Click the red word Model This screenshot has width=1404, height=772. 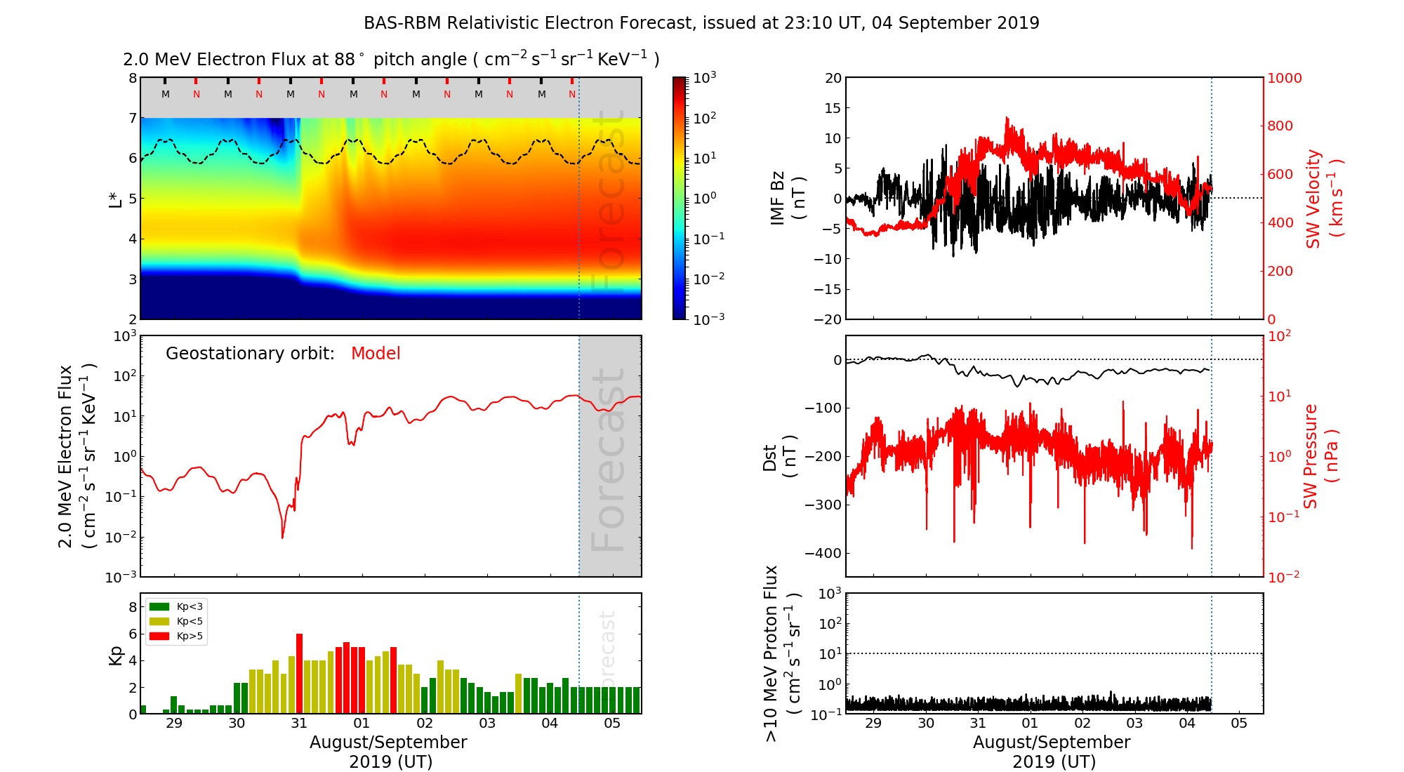tap(376, 354)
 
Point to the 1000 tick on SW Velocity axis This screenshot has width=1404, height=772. tap(1284, 78)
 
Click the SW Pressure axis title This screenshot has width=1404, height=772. tap(1320, 456)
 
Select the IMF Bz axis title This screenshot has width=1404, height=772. tap(787, 198)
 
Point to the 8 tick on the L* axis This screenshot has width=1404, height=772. tap(132, 78)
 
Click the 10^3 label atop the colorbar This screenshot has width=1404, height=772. tap(704, 77)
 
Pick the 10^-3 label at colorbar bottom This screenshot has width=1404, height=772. tap(708, 319)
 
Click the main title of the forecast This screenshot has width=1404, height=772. tap(701, 23)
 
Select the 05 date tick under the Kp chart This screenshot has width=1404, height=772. tap(612, 724)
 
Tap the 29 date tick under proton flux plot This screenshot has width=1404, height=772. tap(873, 724)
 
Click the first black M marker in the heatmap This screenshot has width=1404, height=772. tap(166, 94)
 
